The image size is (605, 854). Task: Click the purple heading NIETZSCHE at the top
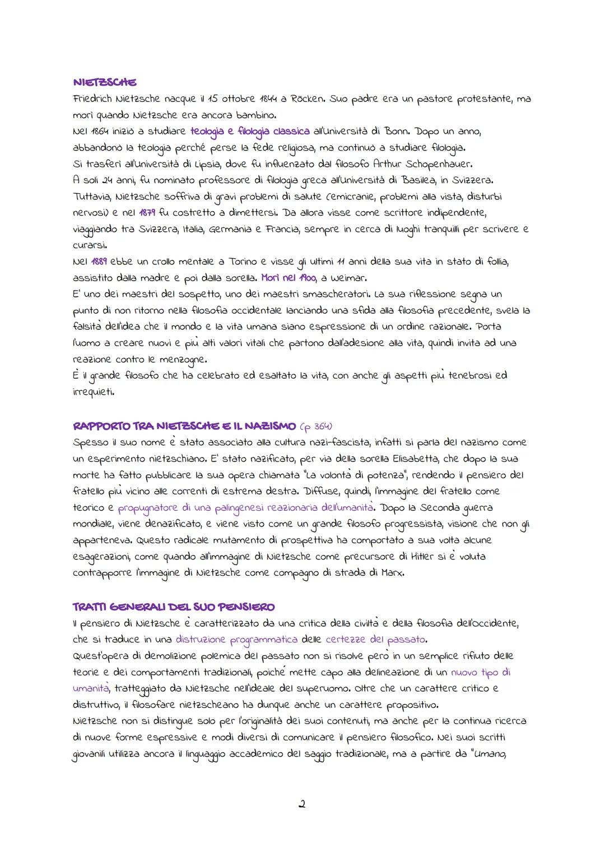[x=105, y=83]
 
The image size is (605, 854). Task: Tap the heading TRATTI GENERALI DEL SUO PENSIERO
[x=174, y=607]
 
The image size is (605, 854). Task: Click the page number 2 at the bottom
[x=302, y=805]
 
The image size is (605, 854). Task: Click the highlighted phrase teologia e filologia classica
[x=250, y=132]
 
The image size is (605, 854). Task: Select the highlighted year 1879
[x=147, y=213]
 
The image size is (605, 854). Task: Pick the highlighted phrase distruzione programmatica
[x=236, y=640]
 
